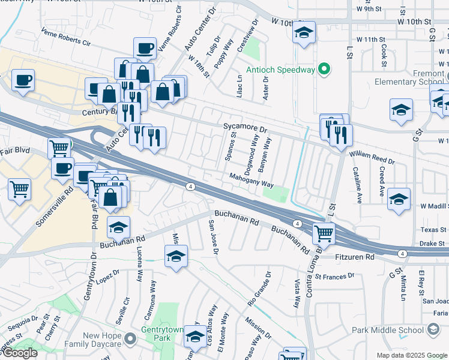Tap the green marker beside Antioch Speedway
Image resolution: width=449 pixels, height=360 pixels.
coord(324,70)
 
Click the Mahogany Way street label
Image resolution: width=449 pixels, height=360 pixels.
coord(251,180)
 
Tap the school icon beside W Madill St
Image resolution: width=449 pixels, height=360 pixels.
coord(399,199)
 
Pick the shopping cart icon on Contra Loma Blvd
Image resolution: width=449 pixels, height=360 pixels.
coord(324,233)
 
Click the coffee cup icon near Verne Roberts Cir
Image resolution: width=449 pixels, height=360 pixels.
coord(144,48)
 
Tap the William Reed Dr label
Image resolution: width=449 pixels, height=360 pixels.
coord(373,158)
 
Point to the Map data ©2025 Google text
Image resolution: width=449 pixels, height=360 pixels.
coord(412,355)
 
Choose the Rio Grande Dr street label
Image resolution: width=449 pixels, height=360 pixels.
coord(260,289)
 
